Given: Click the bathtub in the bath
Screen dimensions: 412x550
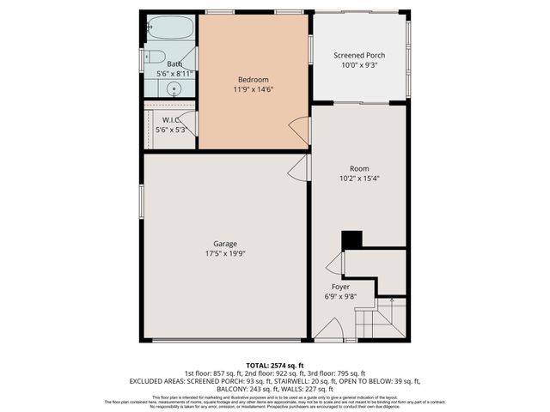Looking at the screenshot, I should click(x=170, y=27).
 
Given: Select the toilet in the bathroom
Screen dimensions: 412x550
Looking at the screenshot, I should click(x=154, y=58).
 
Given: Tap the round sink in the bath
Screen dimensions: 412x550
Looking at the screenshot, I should click(x=174, y=89).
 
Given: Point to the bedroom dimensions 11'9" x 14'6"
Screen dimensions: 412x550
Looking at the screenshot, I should click(x=254, y=88).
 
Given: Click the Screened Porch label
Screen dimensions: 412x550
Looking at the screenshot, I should click(x=359, y=56).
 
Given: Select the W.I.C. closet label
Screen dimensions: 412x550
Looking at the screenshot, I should click(x=170, y=120).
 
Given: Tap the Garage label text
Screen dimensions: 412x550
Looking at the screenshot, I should click(x=225, y=244).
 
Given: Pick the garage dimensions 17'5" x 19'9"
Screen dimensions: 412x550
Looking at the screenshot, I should click(x=225, y=254).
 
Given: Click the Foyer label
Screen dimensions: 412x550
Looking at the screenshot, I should click(x=341, y=287).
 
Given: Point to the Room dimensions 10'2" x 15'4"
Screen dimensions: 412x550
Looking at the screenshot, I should click(x=359, y=179).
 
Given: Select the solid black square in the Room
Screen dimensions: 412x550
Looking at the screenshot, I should click(x=351, y=239).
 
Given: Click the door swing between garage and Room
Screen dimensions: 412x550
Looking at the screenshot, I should click(x=298, y=168).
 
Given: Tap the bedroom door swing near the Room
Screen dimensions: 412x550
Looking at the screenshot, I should click(x=299, y=130).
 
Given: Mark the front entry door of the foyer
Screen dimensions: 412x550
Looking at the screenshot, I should click(x=328, y=330).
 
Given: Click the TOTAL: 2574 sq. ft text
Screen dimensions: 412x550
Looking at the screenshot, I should click(x=275, y=365).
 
